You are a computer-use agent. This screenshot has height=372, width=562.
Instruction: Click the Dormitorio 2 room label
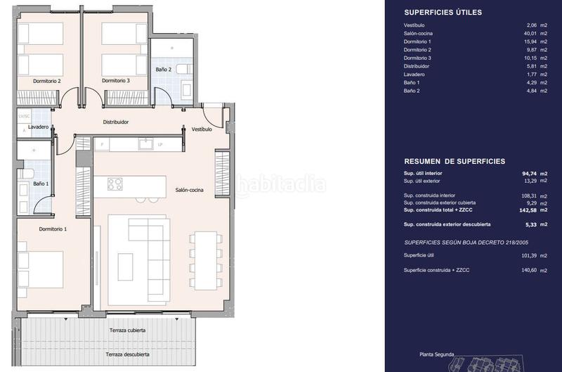(47, 81)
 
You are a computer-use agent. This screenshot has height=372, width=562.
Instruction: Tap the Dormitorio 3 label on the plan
(116, 81)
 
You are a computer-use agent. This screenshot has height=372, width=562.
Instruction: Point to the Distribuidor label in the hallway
(116, 122)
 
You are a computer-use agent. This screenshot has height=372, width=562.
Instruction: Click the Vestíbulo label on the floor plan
(202, 129)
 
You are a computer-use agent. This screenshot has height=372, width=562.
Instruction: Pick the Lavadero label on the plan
(39, 127)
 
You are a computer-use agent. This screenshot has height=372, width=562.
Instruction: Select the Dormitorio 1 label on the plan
(53, 229)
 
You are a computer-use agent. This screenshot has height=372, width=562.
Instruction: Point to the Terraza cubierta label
(128, 330)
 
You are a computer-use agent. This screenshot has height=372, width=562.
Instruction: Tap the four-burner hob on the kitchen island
(115, 184)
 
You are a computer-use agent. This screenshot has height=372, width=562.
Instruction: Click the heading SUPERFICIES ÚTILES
(443, 12)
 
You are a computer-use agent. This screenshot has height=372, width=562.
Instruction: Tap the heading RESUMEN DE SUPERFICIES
(455, 161)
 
